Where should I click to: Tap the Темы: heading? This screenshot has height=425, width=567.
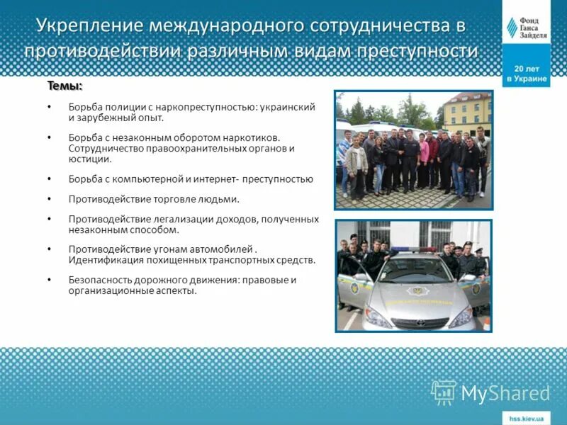point(64,86)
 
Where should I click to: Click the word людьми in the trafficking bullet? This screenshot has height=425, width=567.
point(220,200)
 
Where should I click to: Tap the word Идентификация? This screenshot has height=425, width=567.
point(103,260)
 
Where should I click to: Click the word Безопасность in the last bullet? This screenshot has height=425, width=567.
point(99,280)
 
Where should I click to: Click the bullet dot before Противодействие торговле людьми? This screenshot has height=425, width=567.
point(50,200)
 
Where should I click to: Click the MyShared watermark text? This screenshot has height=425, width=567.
point(505,393)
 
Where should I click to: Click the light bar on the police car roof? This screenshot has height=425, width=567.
point(412,249)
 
